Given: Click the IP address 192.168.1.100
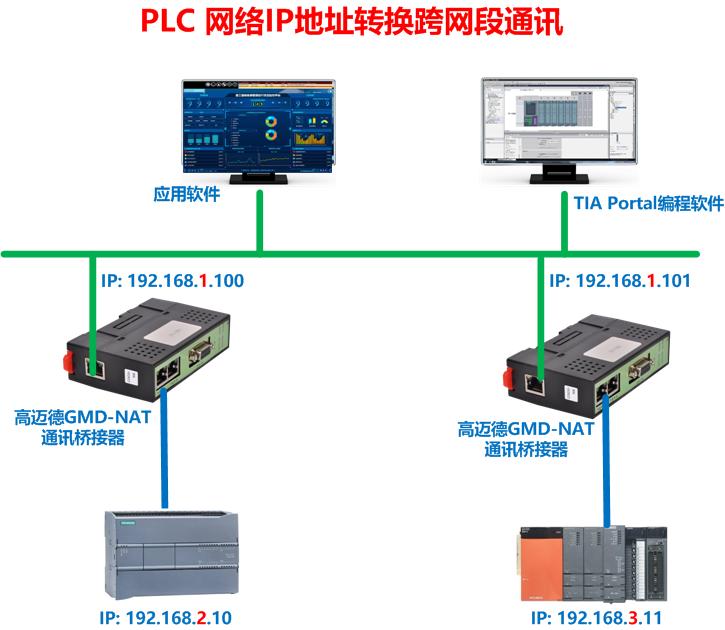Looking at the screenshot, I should pos(172,282).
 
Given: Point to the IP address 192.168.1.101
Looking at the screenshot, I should pos(620,282).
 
